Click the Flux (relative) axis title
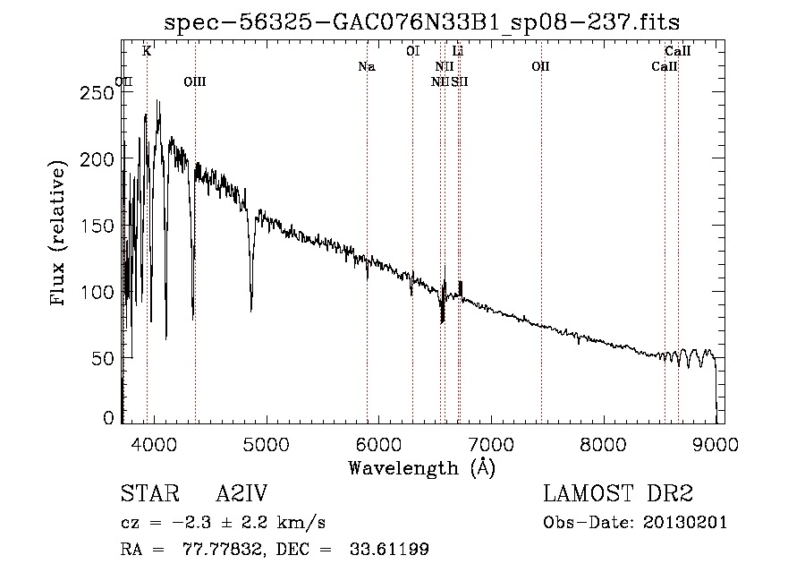(60, 235)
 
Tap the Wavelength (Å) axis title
(421, 467)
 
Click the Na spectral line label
(366, 67)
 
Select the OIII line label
(194, 81)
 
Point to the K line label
(147, 52)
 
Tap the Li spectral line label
(458, 52)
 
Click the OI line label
(412, 52)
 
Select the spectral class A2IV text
(241, 495)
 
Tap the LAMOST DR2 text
(618, 495)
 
